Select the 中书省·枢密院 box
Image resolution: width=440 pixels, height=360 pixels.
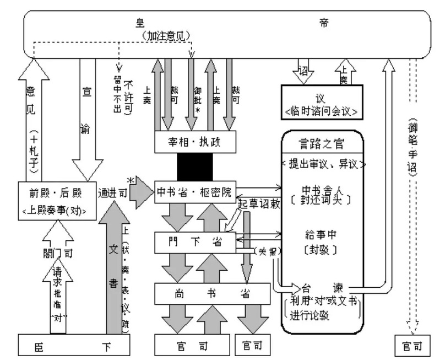[196, 191]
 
